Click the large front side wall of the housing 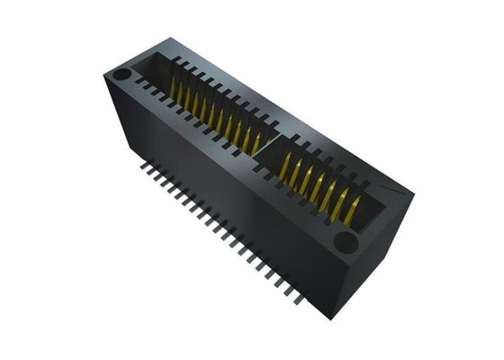click(225, 207)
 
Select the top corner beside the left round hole click(109, 70)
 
